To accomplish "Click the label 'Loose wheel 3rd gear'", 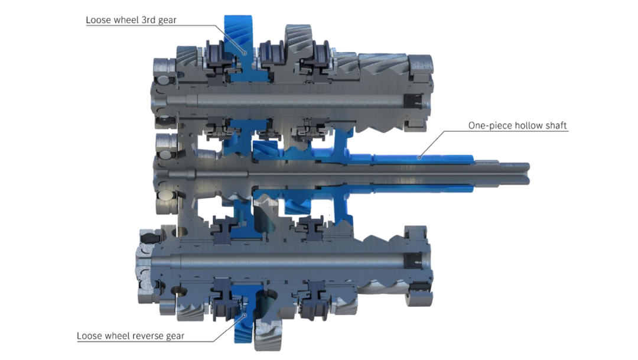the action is pyautogui.click(x=131, y=20).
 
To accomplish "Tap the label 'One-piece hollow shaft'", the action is pyautogui.click(x=517, y=125).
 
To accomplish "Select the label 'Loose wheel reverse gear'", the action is pyautogui.click(x=131, y=336).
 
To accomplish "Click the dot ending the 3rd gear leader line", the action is pyautogui.click(x=245, y=53).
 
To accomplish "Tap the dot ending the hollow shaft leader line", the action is pyautogui.click(x=419, y=157).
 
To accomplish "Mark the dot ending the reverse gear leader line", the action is pyautogui.click(x=245, y=314).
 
